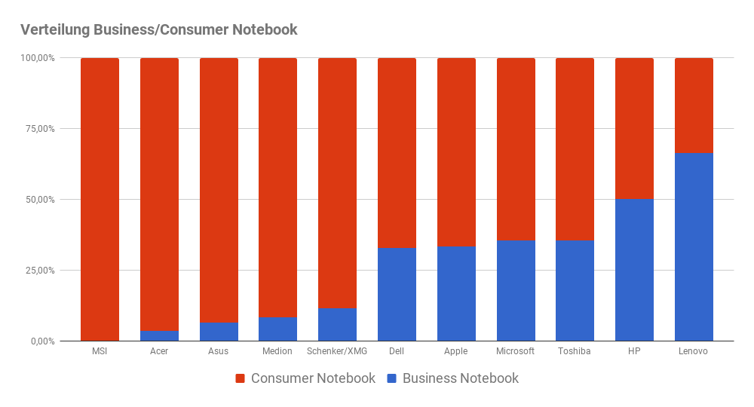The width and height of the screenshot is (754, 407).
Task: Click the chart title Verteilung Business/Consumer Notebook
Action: pyautogui.click(x=158, y=30)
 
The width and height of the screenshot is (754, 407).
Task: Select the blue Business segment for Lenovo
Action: pyautogui.click(x=694, y=247)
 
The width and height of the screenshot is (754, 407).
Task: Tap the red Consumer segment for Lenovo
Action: pyautogui.click(x=694, y=106)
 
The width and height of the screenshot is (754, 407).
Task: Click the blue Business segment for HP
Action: pyautogui.click(x=634, y=270)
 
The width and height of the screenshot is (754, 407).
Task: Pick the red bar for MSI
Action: pyautogui.click(x=100, y=200)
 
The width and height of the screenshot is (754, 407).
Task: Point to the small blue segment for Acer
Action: pyautogui.click(x=159, y=336)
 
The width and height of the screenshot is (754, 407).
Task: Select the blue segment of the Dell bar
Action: pyautogui.click(x=397, y=295)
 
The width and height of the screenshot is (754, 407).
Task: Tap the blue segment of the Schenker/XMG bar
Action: pyautogui.click(x=337, y=325)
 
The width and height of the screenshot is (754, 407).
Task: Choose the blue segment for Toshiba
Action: pyautogui.click(x=575, y=291)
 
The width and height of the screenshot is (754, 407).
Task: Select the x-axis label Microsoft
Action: pyautogui.click(x=516, y=351)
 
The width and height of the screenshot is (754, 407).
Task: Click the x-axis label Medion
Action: pyautogui.click(x=277, y=351)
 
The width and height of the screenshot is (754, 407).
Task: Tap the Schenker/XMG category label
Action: pyautogui.click(x=337, y=351)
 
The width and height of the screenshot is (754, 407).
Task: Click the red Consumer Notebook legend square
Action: pyautogui.click(x=241, y=378)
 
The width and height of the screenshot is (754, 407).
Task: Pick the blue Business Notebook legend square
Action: pyautogui.click(x=392, y=378)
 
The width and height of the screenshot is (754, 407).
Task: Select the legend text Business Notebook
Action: pyautogui.click(x=460, y=378)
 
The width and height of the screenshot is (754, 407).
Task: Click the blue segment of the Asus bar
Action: pyautogui.click(x=219, y=332)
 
